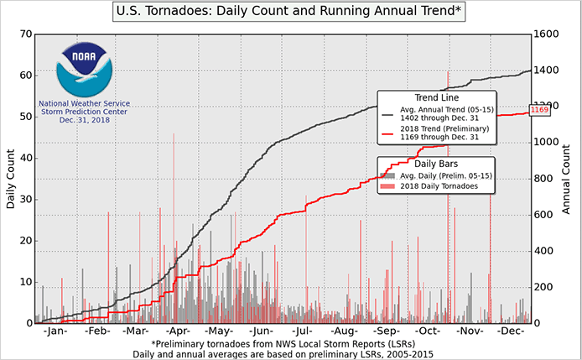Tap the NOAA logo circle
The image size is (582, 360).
tap(84, 70)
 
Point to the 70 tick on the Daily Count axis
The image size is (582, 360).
tap(25, 34)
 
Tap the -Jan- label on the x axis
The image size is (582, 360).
tap(54, 332)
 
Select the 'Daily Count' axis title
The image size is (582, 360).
tap(11, 179)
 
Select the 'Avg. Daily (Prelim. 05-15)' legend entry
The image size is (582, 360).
tap(442, 175)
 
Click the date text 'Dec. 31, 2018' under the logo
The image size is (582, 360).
tap(84, 121)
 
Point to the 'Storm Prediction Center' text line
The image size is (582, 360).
tap(84, 112)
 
